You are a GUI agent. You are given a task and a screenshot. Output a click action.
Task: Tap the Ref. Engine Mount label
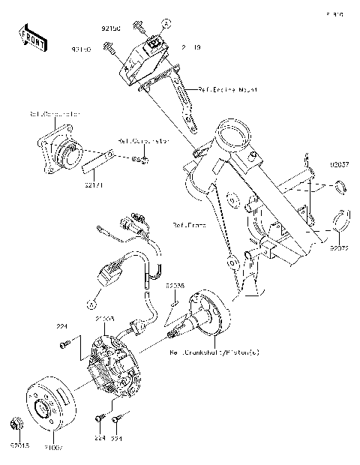tap(227, 89)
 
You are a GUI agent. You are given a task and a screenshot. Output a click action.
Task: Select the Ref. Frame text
tap(188, 224)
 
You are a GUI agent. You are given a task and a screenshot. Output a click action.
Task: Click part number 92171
tap(94, 182)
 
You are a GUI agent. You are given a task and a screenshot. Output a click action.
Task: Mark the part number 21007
tap(53, 449)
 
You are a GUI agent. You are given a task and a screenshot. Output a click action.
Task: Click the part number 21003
tap(104, 319)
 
